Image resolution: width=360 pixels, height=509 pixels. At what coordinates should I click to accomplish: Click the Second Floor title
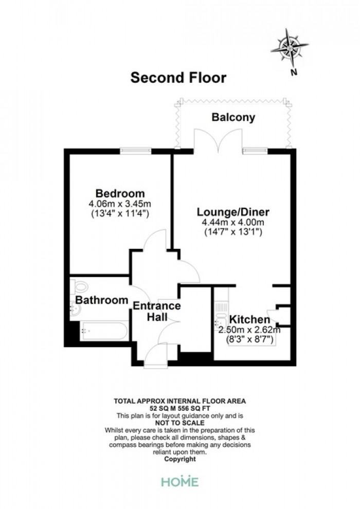pos(178,78)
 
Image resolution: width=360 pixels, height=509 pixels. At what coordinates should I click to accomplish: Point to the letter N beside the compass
pos(294,72)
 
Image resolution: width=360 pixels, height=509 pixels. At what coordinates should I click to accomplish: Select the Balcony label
pos(233,117)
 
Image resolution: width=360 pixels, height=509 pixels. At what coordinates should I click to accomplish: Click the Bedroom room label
pos(120,193)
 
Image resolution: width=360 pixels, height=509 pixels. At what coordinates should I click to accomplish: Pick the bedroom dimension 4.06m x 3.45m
pos(120,204)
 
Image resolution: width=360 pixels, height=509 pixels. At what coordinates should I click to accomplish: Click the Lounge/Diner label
pos(233,212)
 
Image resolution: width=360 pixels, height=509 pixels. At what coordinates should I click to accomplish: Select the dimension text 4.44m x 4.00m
pos(233,223)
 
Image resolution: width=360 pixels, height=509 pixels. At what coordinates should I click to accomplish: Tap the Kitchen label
pos(249,319)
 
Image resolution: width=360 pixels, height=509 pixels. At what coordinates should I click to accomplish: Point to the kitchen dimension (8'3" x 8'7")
pos(249,339)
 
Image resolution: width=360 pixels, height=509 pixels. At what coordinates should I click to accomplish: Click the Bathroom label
pos(102,300)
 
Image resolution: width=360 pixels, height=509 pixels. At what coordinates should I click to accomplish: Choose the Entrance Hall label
pos(157,311)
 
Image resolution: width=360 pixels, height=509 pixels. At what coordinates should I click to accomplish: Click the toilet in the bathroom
pos(79,287)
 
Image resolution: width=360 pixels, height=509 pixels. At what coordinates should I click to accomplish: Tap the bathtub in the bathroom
pos(104,331)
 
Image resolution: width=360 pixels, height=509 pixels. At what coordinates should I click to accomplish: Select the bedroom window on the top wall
pos(135,151)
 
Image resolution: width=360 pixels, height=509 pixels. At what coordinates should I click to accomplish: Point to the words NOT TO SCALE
pos(180,423)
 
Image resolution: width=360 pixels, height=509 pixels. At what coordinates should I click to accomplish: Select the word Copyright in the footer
pos(180,459)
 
